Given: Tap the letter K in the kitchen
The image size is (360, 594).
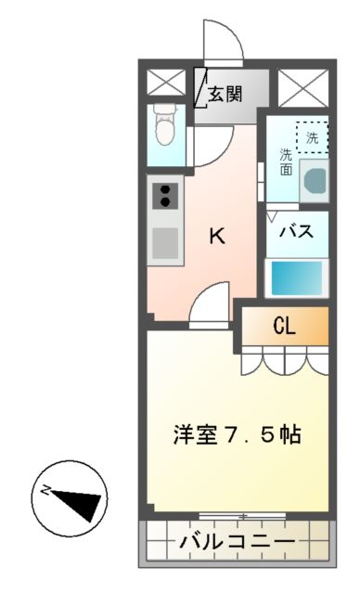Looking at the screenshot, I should pos(215,236).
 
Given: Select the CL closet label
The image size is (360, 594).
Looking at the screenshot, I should pos(286,326).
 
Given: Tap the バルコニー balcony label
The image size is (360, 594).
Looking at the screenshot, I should pos(238,539).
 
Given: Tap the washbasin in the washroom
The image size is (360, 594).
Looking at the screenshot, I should pos(313,180).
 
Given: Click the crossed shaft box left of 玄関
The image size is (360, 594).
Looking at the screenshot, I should pos(167,84).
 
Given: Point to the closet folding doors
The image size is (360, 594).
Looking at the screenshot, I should pos(286,359).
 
